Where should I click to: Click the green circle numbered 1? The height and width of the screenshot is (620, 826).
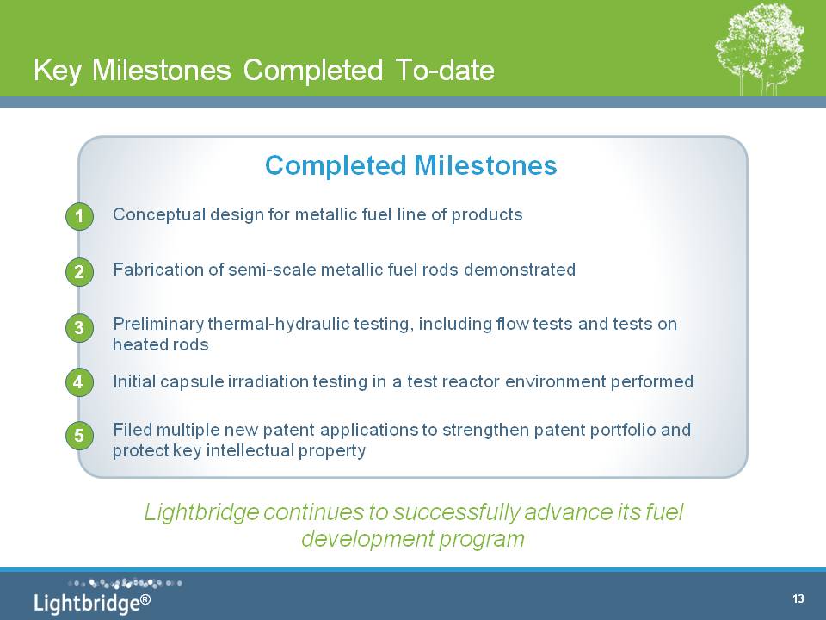click(x=79, y=216)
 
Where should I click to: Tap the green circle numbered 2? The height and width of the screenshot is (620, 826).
click(x=79, y=271)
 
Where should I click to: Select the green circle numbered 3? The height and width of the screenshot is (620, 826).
click(x=79, y=328)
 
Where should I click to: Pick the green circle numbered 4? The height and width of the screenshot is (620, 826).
click(x=79, y=381)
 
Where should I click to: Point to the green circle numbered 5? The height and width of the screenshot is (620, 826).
click(x=79, y=436)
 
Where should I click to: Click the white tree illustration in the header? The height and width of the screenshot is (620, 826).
click(x=760, y=48)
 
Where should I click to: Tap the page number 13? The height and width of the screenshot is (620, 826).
click(x=798, y=598)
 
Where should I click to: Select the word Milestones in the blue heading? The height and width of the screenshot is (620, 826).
click(x=485, y=165)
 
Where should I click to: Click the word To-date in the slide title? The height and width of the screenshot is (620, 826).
click(x=445, y=70)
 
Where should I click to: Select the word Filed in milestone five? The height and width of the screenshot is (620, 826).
click(x=133, y=430)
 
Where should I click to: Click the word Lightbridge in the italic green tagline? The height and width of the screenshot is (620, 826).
click(x=201, y=512)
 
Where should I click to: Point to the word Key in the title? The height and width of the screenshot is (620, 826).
click(x=57, y=71)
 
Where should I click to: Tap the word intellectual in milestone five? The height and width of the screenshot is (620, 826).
click(x=250, y=450)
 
